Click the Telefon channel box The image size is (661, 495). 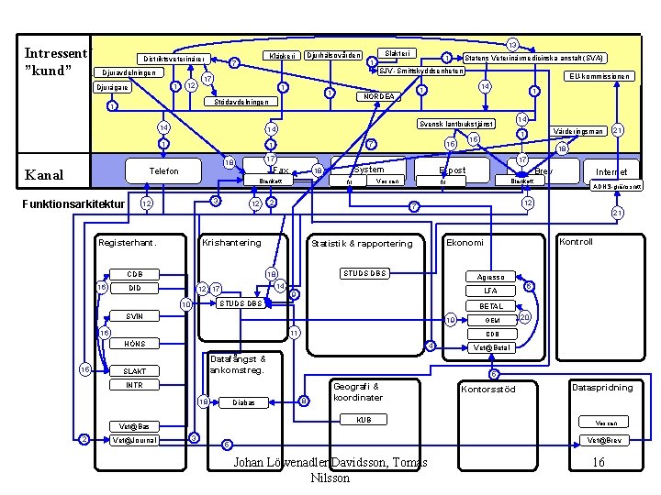162,171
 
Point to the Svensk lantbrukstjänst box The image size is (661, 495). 456,124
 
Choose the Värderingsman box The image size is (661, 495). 579,131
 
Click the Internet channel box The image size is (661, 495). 611,171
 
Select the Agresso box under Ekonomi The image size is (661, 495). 490,277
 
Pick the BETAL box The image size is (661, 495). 490,306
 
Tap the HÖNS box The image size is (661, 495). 135,344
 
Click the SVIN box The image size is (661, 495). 135,316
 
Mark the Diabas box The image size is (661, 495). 243,402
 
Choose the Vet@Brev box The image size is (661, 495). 606,440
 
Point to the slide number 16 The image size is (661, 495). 599,463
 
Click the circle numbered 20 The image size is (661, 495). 524,316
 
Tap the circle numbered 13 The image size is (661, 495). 512,45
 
